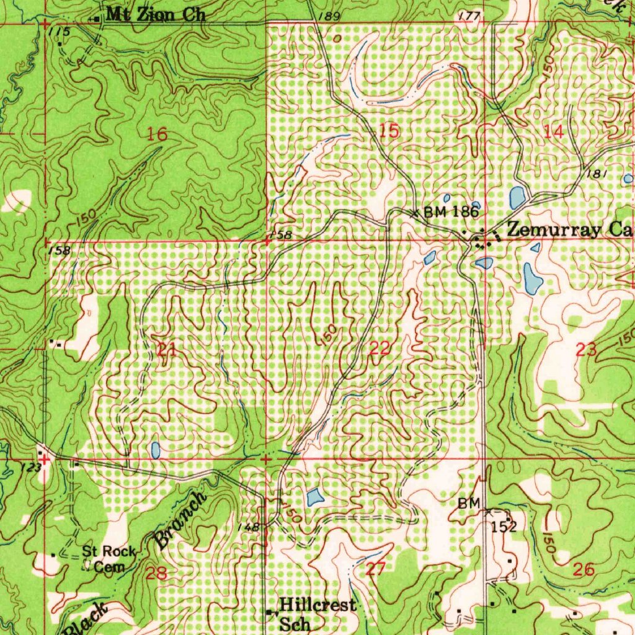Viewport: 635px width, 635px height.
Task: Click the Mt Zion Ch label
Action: [155, 14]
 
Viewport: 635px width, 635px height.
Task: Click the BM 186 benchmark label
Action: [451, 212]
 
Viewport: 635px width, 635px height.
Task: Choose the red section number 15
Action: [389, 131]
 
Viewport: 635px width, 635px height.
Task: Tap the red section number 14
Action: [553, 131]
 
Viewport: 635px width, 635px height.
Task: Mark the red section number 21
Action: [166, 350]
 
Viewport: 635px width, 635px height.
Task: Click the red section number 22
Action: [379, 349]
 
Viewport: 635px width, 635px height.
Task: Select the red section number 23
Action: [586, 350]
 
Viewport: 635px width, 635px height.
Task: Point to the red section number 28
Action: [157, 572]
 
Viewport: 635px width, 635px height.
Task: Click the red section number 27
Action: [376, 568]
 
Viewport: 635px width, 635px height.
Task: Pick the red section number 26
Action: [584, 569]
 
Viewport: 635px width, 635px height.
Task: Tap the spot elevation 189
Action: [331, 17]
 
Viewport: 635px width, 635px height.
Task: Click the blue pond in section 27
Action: [314, 496]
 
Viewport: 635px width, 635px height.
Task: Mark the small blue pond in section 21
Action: [155, 450]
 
